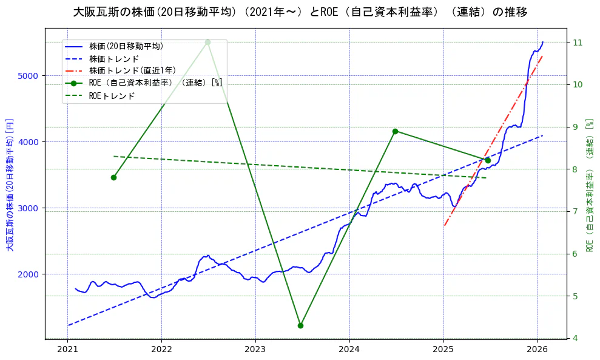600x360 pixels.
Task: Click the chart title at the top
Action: click(x=300, y=12)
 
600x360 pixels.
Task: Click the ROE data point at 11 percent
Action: click(x=207, y=42)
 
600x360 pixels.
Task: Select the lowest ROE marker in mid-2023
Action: click(x=300, y=325)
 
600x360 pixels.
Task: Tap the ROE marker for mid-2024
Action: click(x=395, y=131)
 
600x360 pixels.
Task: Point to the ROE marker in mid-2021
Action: click(x=113, y=177)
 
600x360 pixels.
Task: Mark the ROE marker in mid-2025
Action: click(x=488, y=160)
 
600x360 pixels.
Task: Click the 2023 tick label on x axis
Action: click(x=255, y=350)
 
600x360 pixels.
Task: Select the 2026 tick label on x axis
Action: click(x=538, y=350)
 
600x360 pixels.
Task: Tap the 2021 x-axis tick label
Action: click(x=67, y=350)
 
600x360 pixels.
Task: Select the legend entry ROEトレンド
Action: click(x=112, y=96)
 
